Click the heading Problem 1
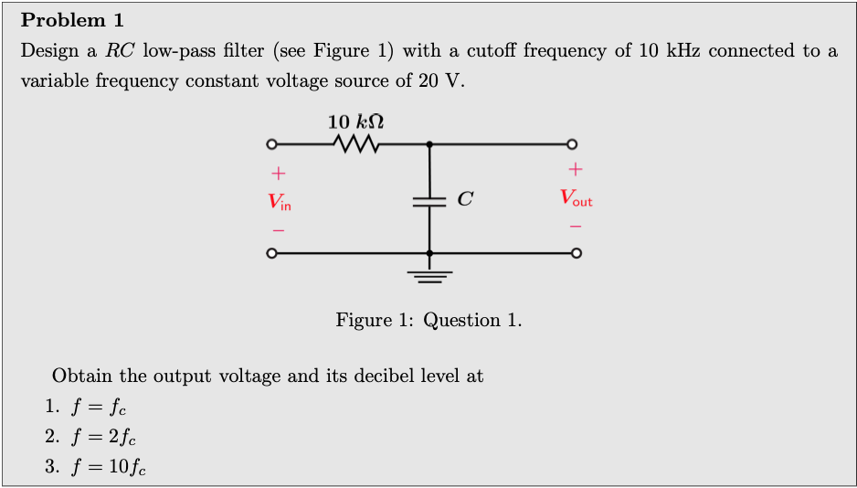tap(72, 20)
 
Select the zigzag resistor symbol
tap(356, 143)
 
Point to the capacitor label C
tap(465, 198)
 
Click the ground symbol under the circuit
tap(429, 275)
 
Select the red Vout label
tap(576, 197)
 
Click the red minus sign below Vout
tap(576, 226)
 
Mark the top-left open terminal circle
tap(270, 143)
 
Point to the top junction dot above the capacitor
tap(429, 143)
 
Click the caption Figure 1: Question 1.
tap(428, 320)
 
